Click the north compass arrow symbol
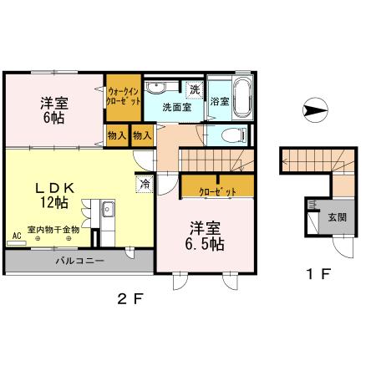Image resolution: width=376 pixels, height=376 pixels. click(315, 110)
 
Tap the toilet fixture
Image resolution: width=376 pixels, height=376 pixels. click(235, 136)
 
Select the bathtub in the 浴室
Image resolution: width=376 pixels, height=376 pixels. click(242, 98)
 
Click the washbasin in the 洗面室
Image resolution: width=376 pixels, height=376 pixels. click(156, 87)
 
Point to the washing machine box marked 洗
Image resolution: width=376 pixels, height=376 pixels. click(195, 89)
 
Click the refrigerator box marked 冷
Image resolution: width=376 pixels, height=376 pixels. click(145, 184)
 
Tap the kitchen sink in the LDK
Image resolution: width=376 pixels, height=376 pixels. click(109, 209)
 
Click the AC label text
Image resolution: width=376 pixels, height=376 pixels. click(17, 236)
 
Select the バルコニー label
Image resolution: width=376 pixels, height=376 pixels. click(80, 261)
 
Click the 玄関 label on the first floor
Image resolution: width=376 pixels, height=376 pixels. click(338, 217)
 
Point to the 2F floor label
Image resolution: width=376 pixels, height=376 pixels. click(130, 299)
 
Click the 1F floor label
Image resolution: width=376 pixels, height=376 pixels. click(318, 274)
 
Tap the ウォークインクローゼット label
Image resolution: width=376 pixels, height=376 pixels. click(124, 96)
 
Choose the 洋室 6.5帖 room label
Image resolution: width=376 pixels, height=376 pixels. click(205, 236)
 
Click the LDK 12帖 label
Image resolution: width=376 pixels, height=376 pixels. click(54, 196)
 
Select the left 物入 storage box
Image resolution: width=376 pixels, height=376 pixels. click(117, 135)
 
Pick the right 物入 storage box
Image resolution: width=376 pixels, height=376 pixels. click(142, 135)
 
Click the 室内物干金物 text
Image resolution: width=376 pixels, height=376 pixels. click(53, 230)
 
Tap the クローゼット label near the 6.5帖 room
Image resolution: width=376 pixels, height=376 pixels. click(218, 192)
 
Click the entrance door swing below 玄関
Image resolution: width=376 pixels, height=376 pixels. click(343, 247)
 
